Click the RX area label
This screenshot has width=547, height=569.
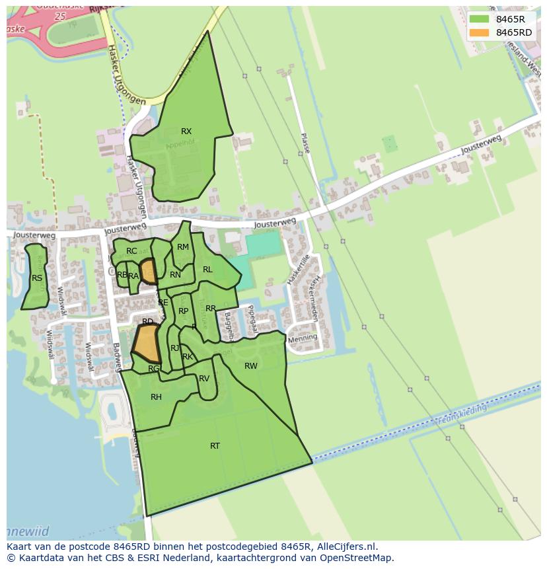pos(186,132)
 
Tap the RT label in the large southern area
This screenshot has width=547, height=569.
pos(215,446)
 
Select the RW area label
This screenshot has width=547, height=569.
pos(251,366)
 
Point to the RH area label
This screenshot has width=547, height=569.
pos(156,397)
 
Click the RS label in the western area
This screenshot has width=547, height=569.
pos(37,278)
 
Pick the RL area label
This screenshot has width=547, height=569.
pos(207,270)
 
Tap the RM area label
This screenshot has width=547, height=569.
pos(183,247)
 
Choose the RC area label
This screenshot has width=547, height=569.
pos(131,251)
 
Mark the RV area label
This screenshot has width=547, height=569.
pos(204,379)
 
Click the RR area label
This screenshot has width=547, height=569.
pos(211,309)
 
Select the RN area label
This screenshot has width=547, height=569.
pos(175,275)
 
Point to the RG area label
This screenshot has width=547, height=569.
pos(153,369)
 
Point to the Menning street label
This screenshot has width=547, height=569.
pos(303,338)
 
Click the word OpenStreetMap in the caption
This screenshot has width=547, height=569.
pos(357,558)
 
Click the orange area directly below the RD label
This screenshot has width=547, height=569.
pos(147,342)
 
